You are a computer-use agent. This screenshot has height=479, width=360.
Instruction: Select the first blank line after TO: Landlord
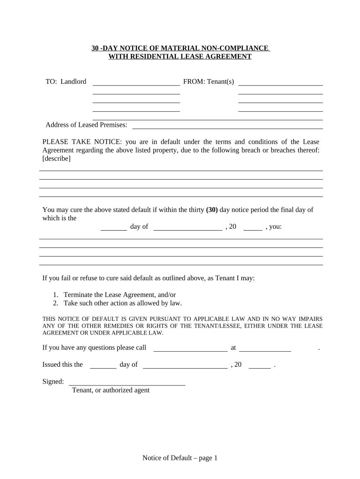pyautogui.click(x=137, y=84)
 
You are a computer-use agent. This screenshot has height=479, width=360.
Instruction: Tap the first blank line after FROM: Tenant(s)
pyautogui.click(x=281, y=84)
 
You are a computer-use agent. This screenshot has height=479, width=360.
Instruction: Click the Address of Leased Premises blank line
pyautogui.click(x=228, y=127)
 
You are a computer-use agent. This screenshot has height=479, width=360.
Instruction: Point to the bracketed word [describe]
pyautogui.click(x=57, y=159)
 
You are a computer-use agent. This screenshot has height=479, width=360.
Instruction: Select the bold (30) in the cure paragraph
pyautogui.click(x=212, y=210)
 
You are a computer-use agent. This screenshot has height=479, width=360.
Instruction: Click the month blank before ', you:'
pyautogui.click(x=187, y=229)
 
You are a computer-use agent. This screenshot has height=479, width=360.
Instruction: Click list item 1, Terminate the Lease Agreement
pyautogui.click(x=119, y=295)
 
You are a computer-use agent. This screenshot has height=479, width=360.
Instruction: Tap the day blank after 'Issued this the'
pyautogui.click(x=103, y=367)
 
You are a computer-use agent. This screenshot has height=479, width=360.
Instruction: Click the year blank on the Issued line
pyautogui.click(x=259, y=367)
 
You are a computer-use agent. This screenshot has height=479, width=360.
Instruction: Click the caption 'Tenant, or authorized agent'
pyautogui.click(x=110, y=390)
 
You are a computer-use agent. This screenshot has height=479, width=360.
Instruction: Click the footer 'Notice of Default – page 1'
pyautogui.click(x=180, y=458)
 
